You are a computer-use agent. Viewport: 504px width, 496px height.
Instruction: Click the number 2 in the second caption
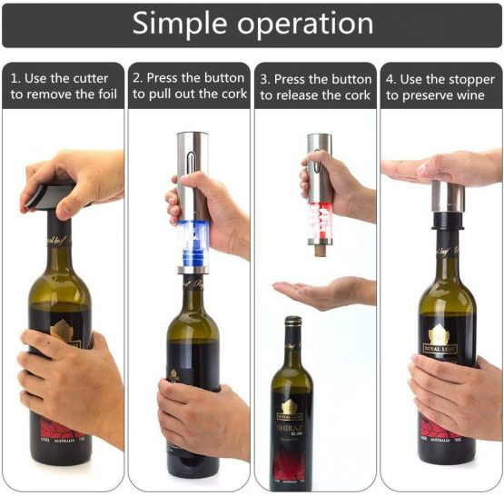[137, 79]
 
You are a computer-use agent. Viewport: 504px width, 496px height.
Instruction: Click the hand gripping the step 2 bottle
[202, 414]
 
